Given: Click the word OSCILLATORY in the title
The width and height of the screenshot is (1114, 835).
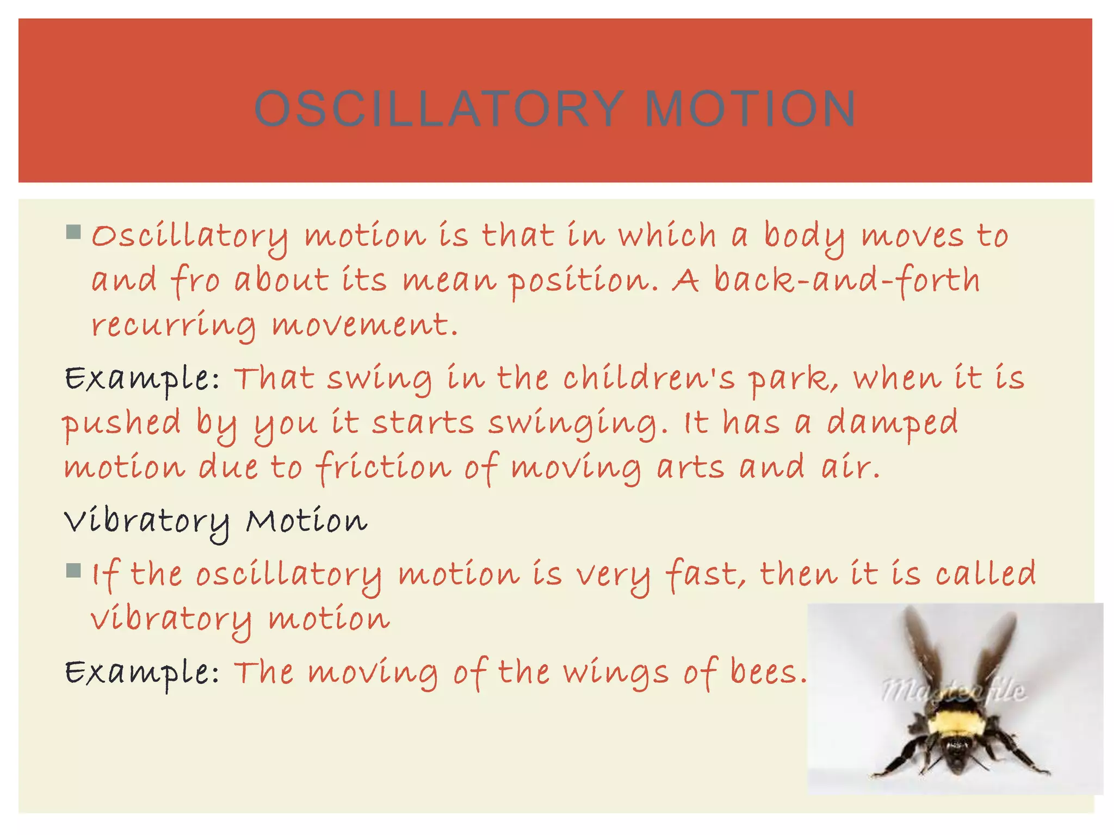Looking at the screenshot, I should pyautogui.click(x=439, y=109).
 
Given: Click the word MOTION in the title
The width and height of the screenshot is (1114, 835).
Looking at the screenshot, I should pyautogui.click(x=751, y=109).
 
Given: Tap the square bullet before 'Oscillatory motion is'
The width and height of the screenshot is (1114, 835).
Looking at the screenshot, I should pyautogui.click(x=73, y=233).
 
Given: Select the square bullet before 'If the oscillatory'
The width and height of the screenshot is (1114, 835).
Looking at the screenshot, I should pyautogui.click(x=73, y=571).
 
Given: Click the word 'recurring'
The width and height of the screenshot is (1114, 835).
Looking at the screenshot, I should pyautogui.click(x=173, y=327).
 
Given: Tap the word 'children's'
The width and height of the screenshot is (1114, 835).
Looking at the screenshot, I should pyautogui.click(x=648, y=378).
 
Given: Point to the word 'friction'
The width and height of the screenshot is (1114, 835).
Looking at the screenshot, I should pyautogui.click(x=383, y=468).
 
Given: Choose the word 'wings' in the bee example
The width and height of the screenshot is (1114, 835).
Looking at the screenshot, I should pyautogui.click(x=615, y=674).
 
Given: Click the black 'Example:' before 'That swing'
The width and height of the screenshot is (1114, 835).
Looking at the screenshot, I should pyautogui.click(x=142, y=379).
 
